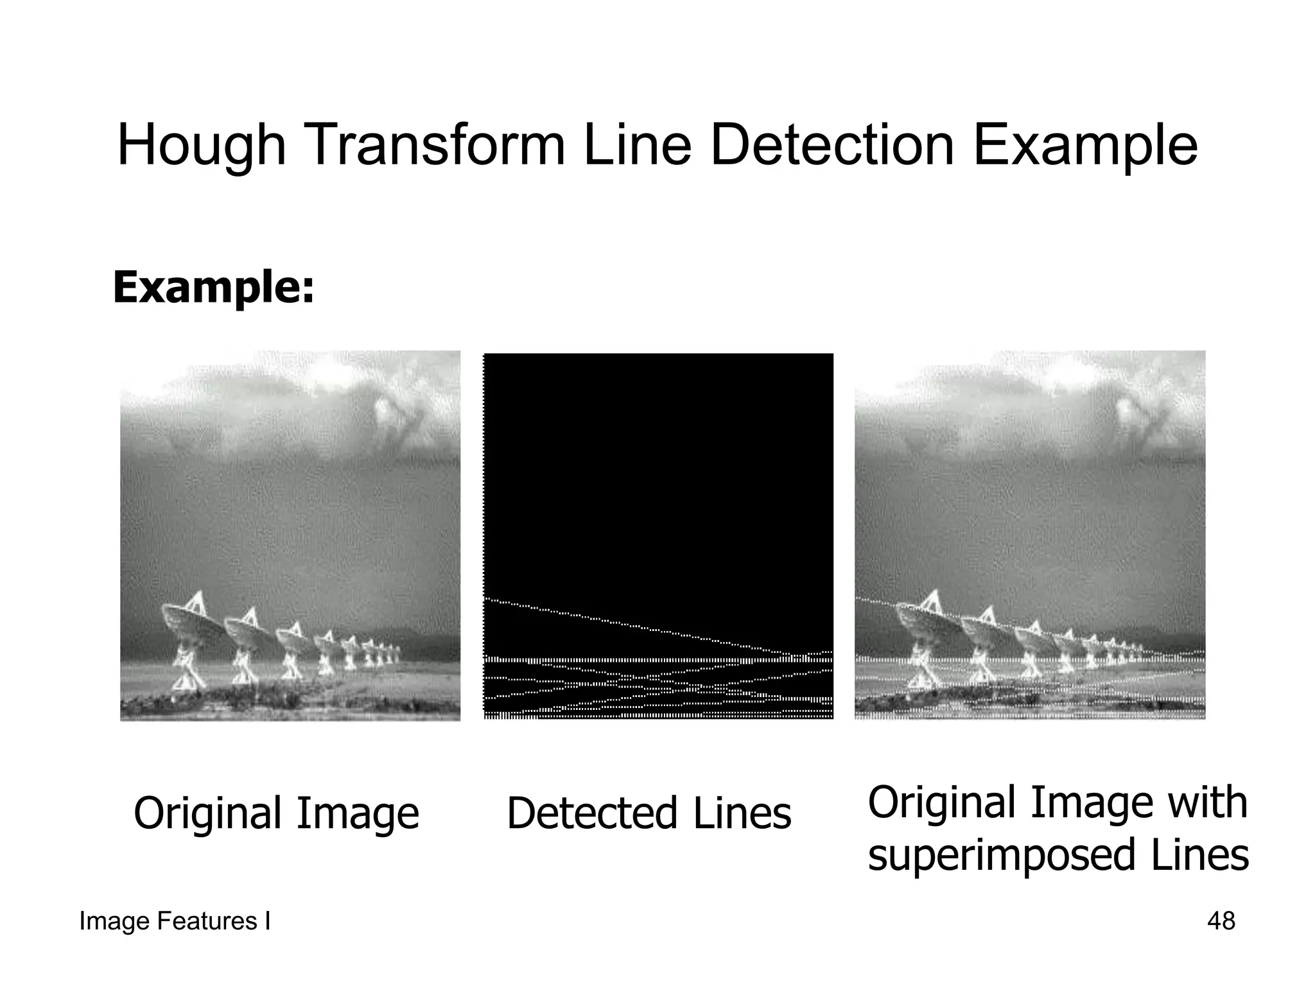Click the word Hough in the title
(201, 147)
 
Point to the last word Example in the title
(1085, 147)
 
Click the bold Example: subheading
(214, 287)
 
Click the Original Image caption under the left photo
(276, 813)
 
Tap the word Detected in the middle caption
(592, 813)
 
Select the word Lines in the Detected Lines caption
(742, 813)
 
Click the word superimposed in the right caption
(1002, 855)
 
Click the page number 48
(1221, 921)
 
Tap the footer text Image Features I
(175, 921)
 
